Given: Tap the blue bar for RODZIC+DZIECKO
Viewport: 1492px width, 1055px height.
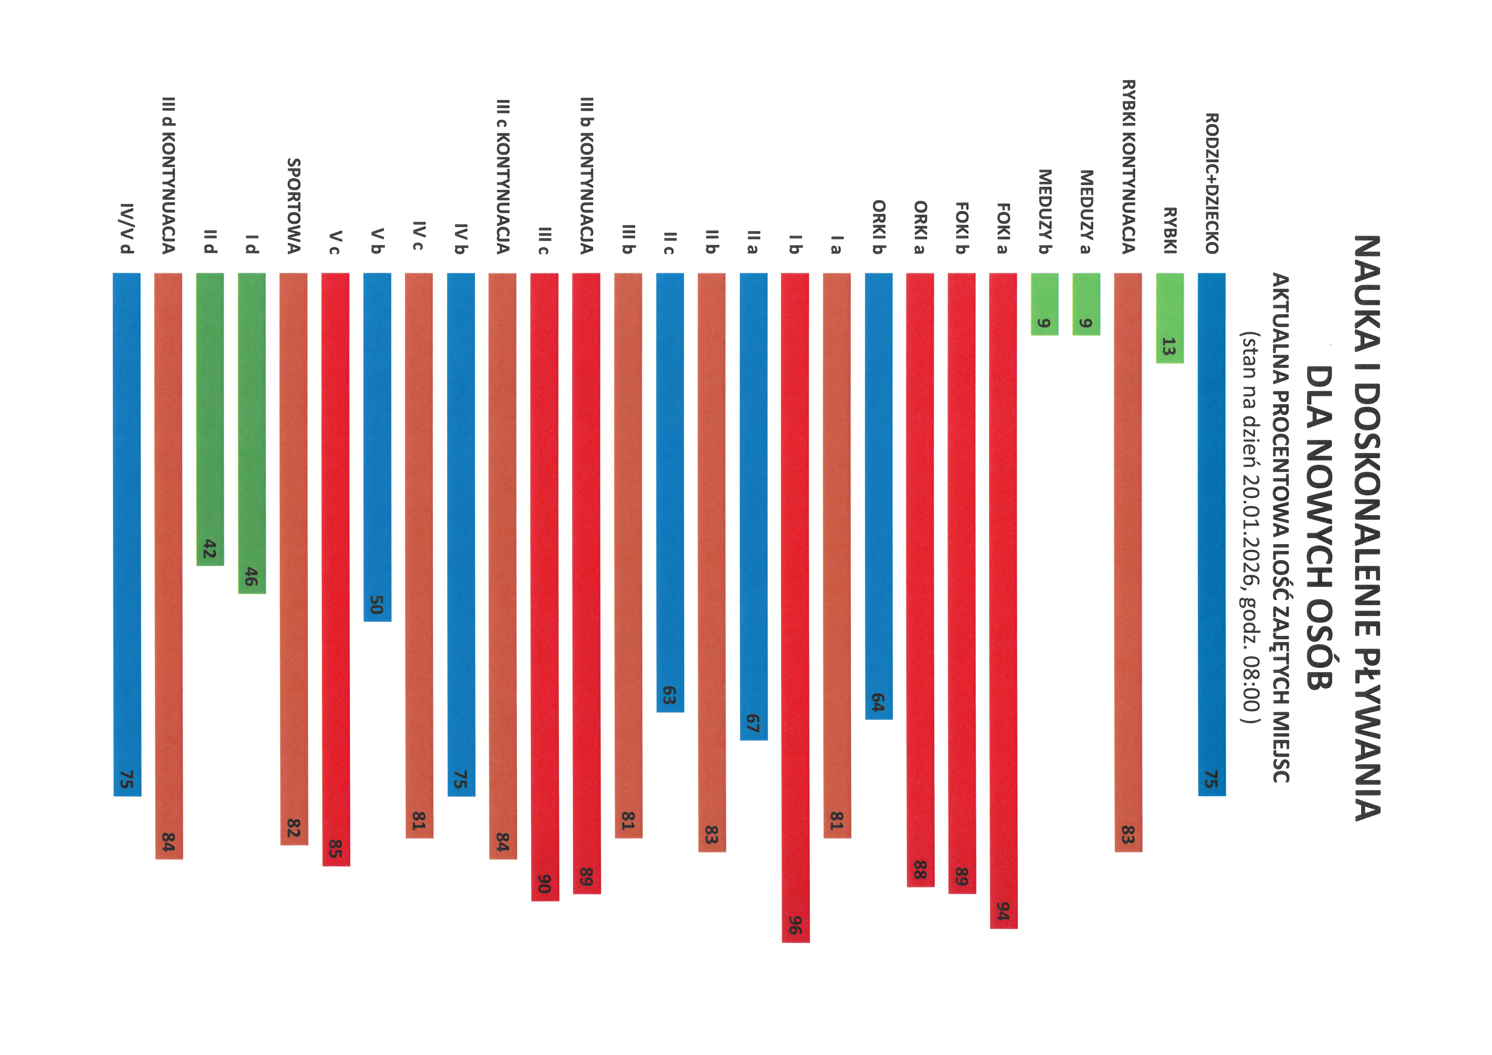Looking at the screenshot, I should tap(1212, 520).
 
